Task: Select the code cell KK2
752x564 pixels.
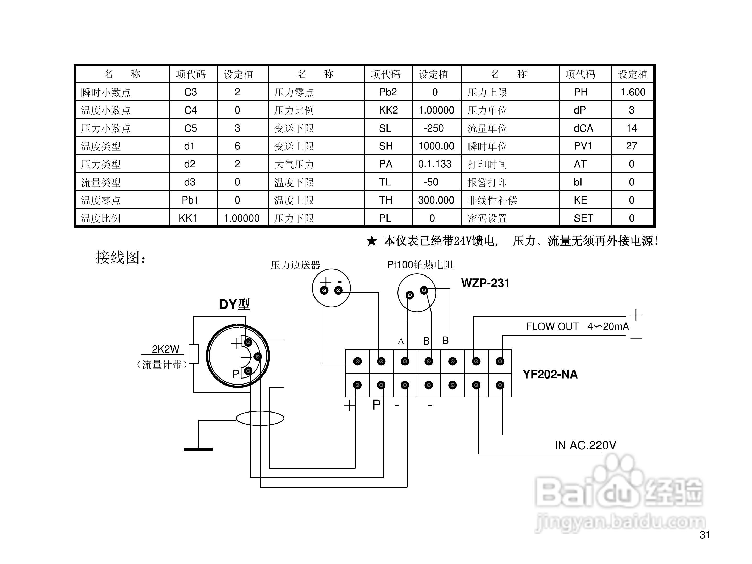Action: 388,110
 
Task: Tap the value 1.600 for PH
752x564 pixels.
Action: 633,92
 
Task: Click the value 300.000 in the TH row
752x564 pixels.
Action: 436,200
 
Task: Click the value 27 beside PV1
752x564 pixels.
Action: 631,146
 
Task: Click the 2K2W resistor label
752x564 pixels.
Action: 165,349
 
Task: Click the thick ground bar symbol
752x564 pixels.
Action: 198,449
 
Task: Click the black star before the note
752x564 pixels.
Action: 372,241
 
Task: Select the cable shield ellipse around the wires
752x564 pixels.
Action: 260,418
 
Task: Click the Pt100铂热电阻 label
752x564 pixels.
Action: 420,265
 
